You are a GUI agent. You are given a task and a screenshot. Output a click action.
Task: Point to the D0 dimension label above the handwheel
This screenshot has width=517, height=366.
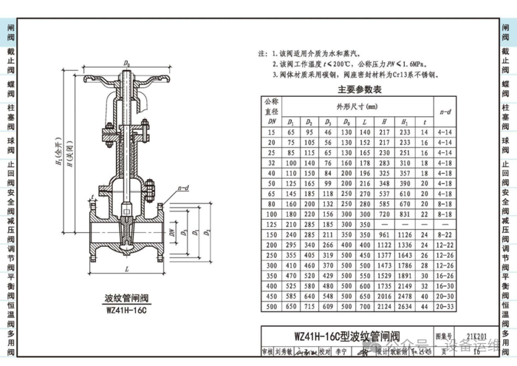pyautogui.click(x=127, y=64)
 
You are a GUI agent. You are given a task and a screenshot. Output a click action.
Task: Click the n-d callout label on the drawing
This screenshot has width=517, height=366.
pyautogui.click(x=184, y=190)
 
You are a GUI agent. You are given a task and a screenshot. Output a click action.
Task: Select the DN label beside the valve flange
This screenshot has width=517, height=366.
pyautogui.click(x=172, y=232)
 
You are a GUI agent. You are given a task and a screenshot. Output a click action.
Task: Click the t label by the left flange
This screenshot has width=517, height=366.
pyautogui.click(x=92, y=197)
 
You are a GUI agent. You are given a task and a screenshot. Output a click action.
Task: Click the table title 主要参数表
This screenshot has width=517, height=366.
pyautogui.click(x=359, y=89)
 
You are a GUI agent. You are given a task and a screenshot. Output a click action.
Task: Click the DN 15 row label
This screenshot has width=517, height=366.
pyautogui.click(x=272, y=132)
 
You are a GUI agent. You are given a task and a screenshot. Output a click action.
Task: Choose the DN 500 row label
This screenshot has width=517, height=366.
pyautogui.click(x=272, y=305)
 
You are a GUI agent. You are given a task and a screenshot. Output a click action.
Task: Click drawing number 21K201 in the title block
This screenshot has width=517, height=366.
pyautogui.click(x=470, y=334)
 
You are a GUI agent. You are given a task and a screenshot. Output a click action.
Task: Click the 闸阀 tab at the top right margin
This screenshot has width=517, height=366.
pyautogui.click(x=506, y=32)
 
